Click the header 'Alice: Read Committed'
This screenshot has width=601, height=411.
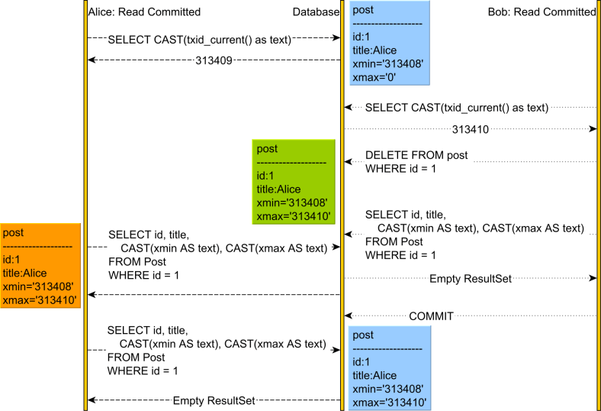[145, 12]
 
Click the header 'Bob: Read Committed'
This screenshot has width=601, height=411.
[542, 12]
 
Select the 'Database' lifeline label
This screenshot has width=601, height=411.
[315, 12]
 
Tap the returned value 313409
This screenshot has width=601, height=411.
[214, 59]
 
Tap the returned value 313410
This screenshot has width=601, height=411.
[470, 130]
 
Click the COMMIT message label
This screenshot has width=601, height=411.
[431, 316]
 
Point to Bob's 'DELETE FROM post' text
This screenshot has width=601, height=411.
[416, 155]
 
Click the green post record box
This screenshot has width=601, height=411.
[294, 182]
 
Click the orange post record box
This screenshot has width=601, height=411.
[40, 266]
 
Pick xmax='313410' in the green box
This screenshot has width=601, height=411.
[293, 217]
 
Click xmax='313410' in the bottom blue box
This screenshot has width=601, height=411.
[389, 403]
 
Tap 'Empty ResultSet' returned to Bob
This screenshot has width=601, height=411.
[470, 279]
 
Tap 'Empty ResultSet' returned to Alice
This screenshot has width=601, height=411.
[214, 400]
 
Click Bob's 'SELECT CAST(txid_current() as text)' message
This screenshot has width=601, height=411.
[456, 108]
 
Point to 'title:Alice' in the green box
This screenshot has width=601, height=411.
[279, 189]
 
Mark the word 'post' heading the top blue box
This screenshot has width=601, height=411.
[363, 10]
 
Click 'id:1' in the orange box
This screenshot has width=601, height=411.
[11, 260]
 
